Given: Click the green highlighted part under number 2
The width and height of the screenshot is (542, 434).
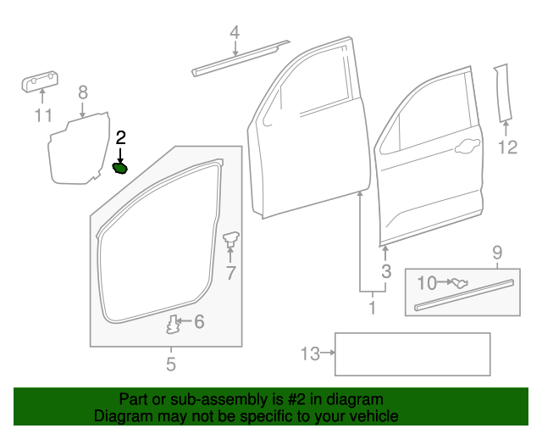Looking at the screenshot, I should pos(120,168).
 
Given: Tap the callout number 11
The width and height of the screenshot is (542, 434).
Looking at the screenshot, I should pos(42,115).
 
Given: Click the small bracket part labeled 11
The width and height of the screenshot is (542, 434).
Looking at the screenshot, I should pos(40,82).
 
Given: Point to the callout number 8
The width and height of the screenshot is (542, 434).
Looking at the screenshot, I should pos(82,92).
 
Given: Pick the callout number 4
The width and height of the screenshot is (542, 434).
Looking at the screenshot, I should pos(235,32).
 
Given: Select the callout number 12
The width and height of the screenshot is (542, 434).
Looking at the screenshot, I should pos(506,148).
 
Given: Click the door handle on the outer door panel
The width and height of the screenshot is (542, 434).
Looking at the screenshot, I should pos(464,150).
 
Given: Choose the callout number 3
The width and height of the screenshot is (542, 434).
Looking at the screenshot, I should pos(386,271).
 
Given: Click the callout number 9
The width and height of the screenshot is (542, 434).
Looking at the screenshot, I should pos(497,252).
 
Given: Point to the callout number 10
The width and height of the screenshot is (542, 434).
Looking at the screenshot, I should pos(427,281).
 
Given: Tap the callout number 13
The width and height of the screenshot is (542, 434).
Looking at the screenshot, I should pos(311,353).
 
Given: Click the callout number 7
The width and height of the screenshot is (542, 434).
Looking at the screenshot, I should pos(230,273).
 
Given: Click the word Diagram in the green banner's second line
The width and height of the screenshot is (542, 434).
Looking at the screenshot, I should pos(120,416).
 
